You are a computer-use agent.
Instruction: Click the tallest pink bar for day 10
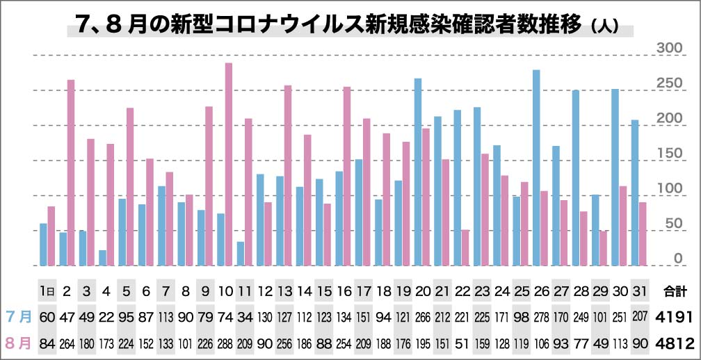click(229, 164)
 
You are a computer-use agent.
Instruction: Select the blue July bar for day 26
click(536, 167)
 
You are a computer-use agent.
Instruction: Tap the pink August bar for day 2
click(71, 172)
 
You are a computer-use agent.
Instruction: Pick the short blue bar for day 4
click(103, 258)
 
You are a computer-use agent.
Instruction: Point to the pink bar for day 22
click(465, 247)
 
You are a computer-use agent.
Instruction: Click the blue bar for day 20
click(418, 172)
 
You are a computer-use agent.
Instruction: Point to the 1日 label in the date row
click(47, 290)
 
